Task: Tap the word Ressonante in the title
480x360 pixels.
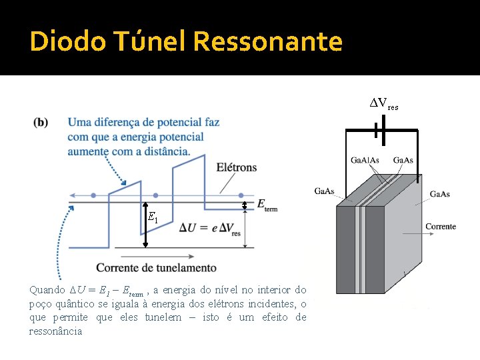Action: coord(268,42)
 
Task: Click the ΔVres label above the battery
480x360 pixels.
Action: coord(385,104)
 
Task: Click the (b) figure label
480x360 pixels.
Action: coord(41,123)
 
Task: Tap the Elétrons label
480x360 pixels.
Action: coord(237,167)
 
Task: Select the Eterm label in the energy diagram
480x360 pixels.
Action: coord(267,205)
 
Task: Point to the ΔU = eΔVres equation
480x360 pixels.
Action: coord(209,229)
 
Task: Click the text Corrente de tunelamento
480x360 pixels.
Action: coord(156,267)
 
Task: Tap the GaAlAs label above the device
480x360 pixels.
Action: coord(365,160)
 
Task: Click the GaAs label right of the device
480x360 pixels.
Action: coord(439,194)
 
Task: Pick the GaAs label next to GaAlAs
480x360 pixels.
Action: coord(403,160)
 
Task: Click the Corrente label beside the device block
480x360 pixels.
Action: coord(441,227)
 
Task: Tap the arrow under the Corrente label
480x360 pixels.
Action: coord(441,238)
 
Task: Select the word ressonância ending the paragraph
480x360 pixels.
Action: coord(56,331)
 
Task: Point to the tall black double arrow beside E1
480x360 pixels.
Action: coord(145,223)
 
